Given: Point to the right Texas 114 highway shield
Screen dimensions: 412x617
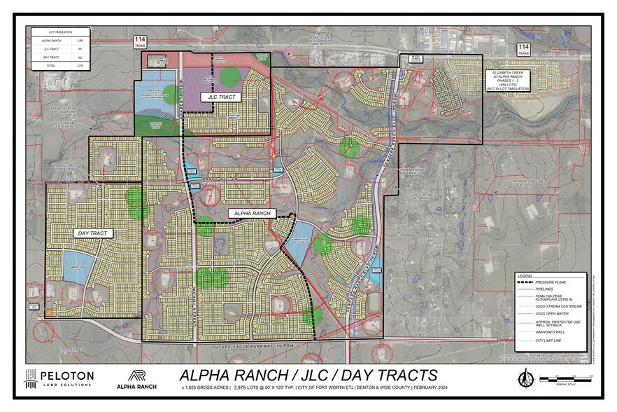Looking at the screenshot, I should click(x=523, y=49).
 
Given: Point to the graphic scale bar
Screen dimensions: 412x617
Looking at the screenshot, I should click(x=566, y=379).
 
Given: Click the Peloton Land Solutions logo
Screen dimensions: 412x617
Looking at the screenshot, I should click(x=59, y=378).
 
